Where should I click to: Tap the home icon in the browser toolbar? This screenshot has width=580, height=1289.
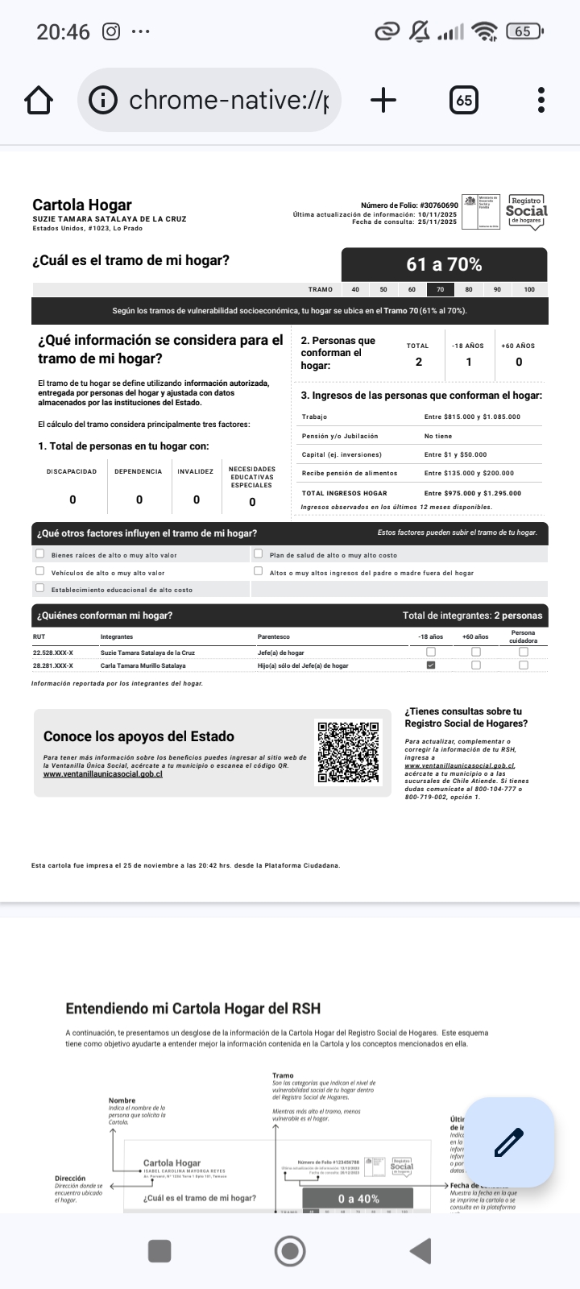[39, 101]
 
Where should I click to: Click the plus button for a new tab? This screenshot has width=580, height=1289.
[383, 101]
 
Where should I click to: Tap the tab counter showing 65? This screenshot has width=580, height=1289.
[464, 101]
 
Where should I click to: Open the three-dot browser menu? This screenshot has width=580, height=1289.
[541, 101]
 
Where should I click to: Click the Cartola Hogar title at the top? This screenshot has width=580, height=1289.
[82, 205]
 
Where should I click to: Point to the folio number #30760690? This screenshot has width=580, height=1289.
[438, 206]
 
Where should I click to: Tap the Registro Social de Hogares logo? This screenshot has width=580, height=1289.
[526, 212]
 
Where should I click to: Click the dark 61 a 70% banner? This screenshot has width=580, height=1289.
[444, 264]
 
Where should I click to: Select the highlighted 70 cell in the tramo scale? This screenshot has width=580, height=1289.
[440, 289]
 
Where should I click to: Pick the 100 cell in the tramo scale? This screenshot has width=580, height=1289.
[529, 289]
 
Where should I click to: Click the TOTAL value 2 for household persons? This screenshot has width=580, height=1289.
[419, 362]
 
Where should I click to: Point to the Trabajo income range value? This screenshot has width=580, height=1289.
[472, 417]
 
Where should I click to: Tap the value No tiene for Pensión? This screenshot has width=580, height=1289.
[438, 436]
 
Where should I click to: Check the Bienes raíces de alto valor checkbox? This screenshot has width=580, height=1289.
[39, 554]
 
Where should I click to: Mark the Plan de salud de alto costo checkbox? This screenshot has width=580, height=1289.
[259, 554]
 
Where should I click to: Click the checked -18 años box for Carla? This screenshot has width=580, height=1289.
[431, 665]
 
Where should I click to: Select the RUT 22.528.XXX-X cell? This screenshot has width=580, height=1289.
[53, 653]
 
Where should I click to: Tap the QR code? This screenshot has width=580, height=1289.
[349, 752]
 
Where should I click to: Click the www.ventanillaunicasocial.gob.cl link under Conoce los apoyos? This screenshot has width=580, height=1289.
[103, 774]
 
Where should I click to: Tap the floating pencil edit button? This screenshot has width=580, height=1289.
[509, 1142]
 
